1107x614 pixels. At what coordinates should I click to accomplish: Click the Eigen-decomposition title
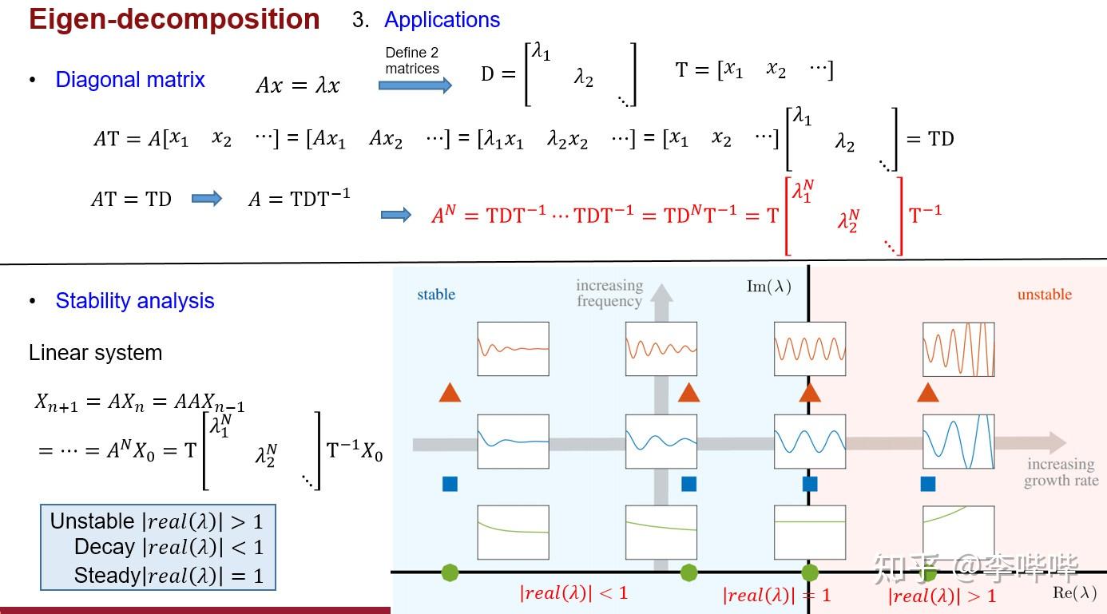click(174, 20)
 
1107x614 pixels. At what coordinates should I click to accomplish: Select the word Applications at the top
click(442, 20)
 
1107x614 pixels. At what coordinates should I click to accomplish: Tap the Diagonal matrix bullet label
click(130, 80)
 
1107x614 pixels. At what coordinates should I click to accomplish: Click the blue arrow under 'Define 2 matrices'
click(415, 85)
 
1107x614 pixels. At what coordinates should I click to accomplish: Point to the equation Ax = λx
click(298, 85)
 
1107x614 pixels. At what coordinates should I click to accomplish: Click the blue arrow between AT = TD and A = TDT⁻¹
click(207, 199)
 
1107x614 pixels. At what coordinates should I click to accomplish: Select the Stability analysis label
click(135, 301)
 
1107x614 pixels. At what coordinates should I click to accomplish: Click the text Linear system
click(95, 353)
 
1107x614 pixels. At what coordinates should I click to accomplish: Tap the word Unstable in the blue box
click(93, 521)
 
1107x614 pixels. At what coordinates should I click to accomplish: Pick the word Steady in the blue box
click(107, 576)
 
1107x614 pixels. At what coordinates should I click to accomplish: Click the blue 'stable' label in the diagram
click(436, 295)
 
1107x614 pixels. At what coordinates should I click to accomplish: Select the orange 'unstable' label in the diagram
click(1045, 295)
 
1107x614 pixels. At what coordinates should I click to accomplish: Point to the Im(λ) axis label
click(769, 287)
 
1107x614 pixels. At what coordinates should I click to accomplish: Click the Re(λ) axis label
click(1074, 592)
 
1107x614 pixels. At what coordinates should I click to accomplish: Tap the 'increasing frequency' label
click(609, 293)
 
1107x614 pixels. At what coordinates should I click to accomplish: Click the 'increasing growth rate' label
click(1061, 472)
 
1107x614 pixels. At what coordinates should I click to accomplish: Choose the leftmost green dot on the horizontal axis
click(450, 573)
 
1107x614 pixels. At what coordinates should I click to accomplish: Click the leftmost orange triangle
click(450, 393)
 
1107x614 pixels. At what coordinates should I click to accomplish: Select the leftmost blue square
click(450, 484)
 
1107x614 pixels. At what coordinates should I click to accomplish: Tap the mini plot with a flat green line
click(810, 532)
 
